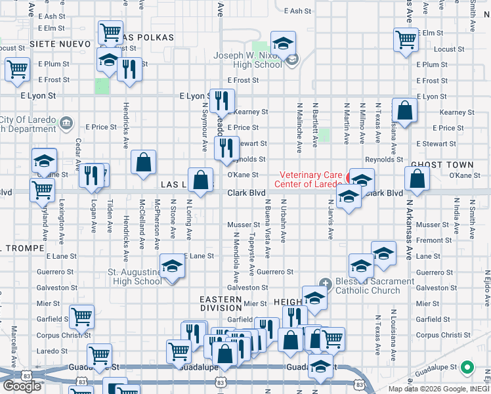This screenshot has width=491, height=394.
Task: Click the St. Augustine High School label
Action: (x=135, y=276)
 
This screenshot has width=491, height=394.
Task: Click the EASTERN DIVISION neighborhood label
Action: (x=221, y=303)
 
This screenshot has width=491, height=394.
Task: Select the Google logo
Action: (x=22, y=386)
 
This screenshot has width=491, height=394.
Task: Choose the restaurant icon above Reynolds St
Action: (x=226, y=147)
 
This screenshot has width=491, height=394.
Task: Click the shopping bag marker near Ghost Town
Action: (x=417, y=177)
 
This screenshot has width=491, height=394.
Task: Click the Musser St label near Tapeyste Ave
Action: (x=240, y=225)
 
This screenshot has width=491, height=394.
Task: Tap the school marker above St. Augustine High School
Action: (x=173, y=265)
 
